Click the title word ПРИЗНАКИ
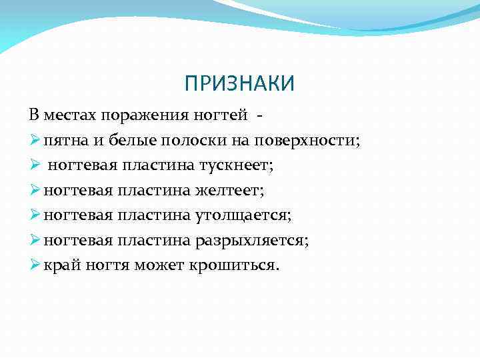point(239,83)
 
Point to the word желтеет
point(230,191)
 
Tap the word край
point(61,266)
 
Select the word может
point(159,266)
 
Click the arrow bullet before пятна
point(35,141)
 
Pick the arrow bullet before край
point(35,266)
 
